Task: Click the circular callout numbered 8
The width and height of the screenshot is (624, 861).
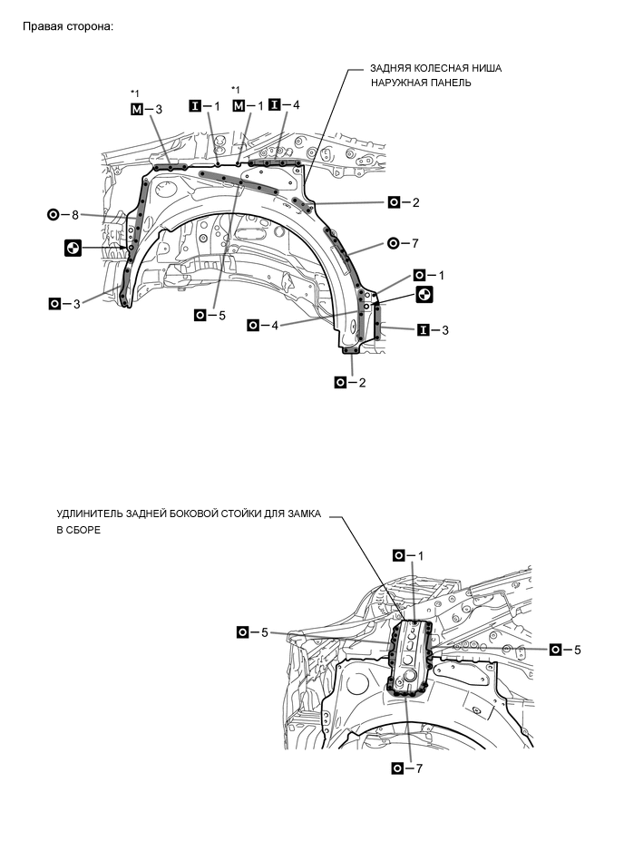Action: pyautogui.click(x=64, y=215)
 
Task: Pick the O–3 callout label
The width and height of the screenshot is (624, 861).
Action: pyautogui.click(x=64, y=303)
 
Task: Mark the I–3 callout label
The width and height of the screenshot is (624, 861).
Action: pyautogui.click(x=434, y=330)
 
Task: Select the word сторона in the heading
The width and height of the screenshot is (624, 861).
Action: pyautogui.click(x=92, y=25)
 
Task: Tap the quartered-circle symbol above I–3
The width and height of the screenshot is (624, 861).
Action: pyautogui.click(x=424, y=295)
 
